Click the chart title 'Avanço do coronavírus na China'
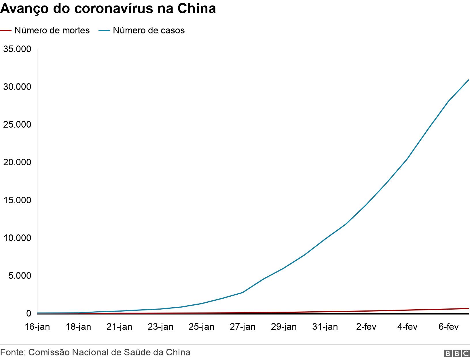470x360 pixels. tap(108, 9)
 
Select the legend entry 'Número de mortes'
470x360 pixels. tap(52, 30)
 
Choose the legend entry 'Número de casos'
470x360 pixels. tap(149, 30)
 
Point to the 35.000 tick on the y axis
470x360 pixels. tap(17, 49)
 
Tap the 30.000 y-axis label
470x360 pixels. tap(17, 87)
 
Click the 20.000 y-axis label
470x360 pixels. tap(17, 162)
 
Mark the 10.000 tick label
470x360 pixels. tap(17, 238)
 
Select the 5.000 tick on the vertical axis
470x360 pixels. tap(19, 276)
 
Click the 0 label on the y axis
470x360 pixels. tap(29, 313)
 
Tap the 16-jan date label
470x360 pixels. tap(37, 327)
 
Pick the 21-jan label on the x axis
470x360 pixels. tap(120, 327)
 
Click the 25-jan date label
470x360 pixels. tap(202, 327)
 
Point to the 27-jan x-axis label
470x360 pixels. tap(242, 327)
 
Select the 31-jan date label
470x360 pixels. tap(325, 327)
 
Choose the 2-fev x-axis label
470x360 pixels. tap(366, 327)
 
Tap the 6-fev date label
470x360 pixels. tap(448, 327)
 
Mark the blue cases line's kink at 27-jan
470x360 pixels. tap(242, 292)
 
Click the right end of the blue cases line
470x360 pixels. tap(469, 80)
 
